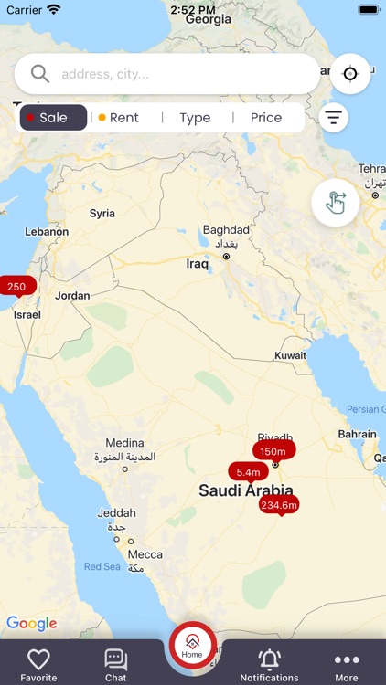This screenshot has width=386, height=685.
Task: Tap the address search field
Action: tap(174, 74)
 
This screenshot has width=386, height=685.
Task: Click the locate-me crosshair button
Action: tap(349, 74)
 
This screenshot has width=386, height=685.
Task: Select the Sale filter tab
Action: tap(53, 118)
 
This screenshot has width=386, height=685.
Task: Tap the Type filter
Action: tap(195, 118)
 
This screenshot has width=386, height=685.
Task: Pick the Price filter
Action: tap(266, 118)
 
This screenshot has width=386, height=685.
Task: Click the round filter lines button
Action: tap(334, 118)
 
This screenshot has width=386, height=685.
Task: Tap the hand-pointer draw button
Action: tap(335, 203)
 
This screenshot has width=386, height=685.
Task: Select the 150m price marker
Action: tap(273, 451)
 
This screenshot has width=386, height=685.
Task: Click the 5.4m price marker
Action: tap(248, 472)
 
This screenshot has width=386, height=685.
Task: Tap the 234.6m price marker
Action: tap(279, 504)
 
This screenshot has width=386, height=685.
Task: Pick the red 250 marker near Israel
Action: tap(16, 286)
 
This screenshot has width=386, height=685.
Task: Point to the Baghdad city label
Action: tap(226, 229)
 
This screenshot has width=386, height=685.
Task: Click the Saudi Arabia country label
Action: tap(246, 490)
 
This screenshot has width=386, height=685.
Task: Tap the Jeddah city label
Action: tap(117, 513)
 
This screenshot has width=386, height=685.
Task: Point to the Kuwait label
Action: tap(290, 355)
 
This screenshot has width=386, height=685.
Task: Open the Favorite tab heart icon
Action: tap(38, 659)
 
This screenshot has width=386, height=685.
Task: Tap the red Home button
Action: tap(192, 646)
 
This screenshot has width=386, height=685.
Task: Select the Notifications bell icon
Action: tap(269, 659)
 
